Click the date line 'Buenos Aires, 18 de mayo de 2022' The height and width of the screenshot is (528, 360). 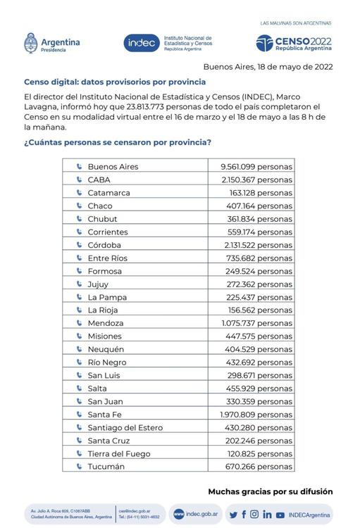(268, 68)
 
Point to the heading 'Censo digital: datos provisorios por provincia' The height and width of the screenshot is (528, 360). (115, 82)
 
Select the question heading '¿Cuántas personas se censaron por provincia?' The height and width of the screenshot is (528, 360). (118, 142)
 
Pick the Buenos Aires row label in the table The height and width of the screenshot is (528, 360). (113, 167)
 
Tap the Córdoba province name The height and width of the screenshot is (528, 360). (104, 245)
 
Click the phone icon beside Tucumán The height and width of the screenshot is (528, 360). (79, 467)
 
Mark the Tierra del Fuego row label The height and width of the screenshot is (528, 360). (119, 454)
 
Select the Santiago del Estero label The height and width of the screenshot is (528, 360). (125, 428)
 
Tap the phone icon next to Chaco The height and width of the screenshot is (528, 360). (79, 206)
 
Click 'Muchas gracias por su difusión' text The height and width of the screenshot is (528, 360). (270, 491)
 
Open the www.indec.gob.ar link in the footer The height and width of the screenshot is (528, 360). (196, 515)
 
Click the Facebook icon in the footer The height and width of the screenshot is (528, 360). (244, 515)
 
